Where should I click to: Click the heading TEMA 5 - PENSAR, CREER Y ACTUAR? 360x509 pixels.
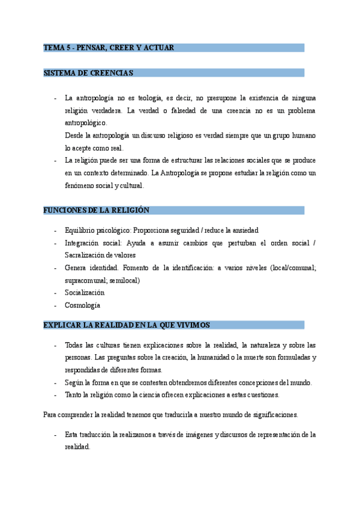[109, 47]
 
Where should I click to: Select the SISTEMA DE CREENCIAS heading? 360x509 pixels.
[88, 73]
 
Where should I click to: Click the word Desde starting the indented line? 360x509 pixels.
[74, 136]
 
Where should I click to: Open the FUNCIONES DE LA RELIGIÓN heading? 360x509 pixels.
[97, 210]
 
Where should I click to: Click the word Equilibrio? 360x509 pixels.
[82, 230]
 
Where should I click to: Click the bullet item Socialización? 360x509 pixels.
[85, 292]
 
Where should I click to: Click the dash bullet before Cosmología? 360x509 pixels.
[55, 305]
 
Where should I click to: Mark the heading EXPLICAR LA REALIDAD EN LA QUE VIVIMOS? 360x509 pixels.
[126, 325]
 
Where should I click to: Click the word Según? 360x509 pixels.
[74, 382]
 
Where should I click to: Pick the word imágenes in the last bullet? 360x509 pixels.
[193, 435]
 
